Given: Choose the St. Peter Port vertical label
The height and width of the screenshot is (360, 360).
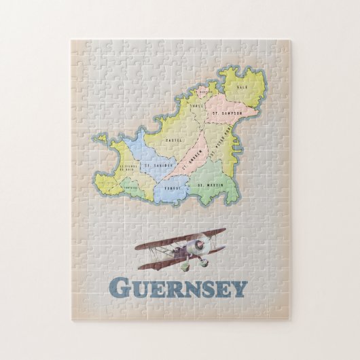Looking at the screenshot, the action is pos(222,146).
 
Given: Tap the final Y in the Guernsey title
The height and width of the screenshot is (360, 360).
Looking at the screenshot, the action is pos(238,289).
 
